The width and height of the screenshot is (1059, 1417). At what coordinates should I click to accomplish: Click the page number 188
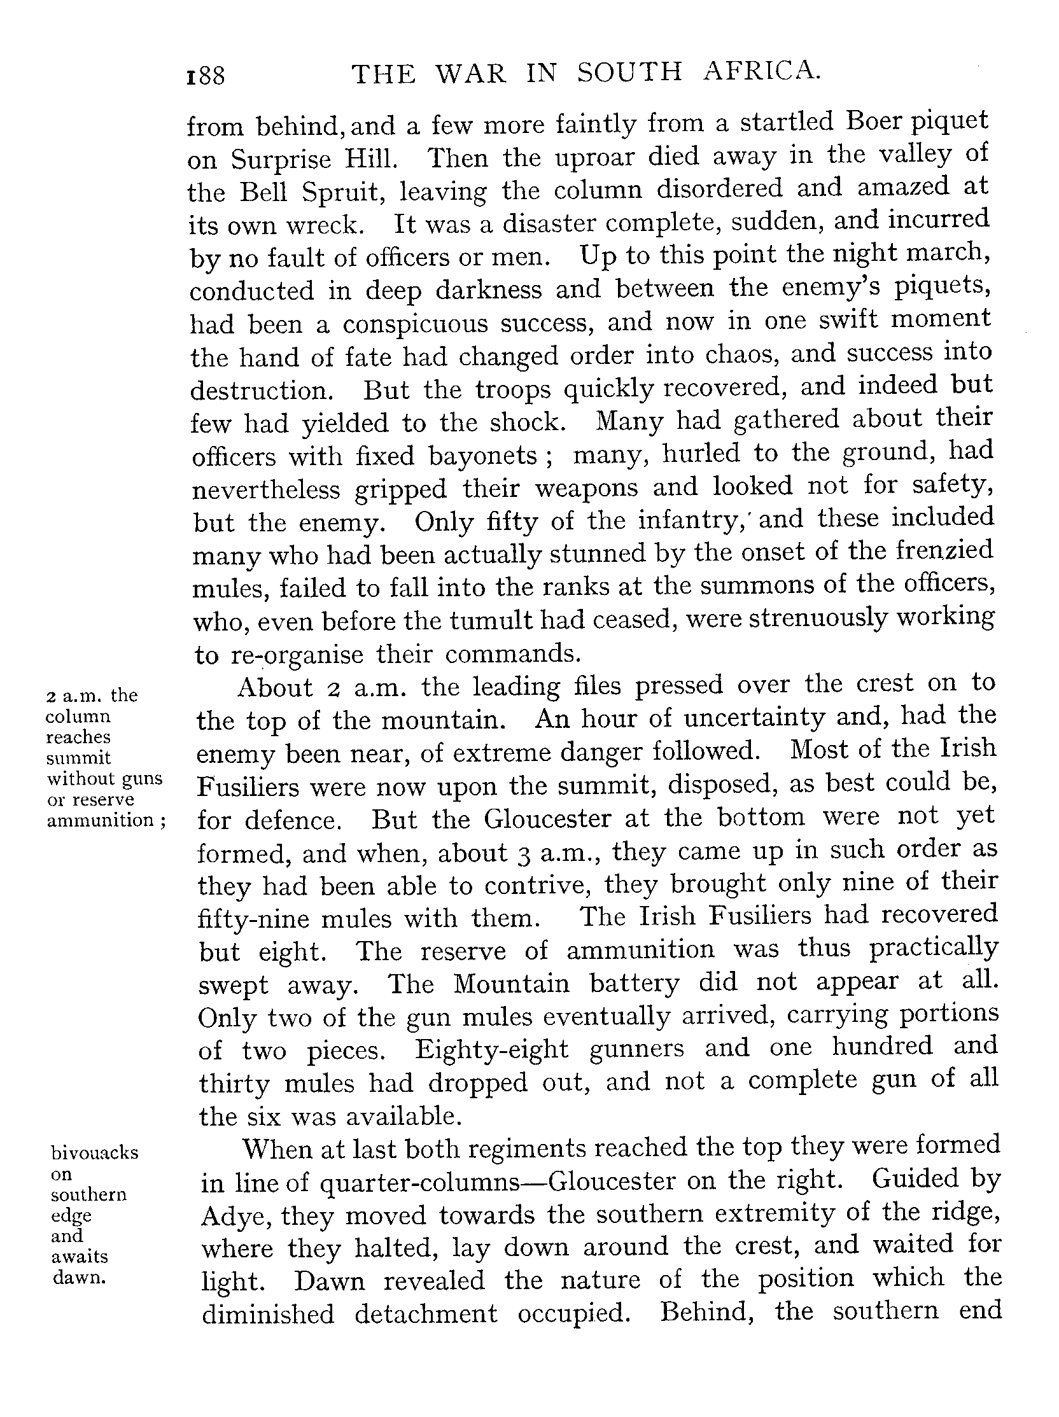tap(205, 76)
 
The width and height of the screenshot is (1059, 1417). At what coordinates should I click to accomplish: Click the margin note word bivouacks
tap(94, 1152)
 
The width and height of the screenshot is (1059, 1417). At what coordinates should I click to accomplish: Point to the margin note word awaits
tap(80, 1256)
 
